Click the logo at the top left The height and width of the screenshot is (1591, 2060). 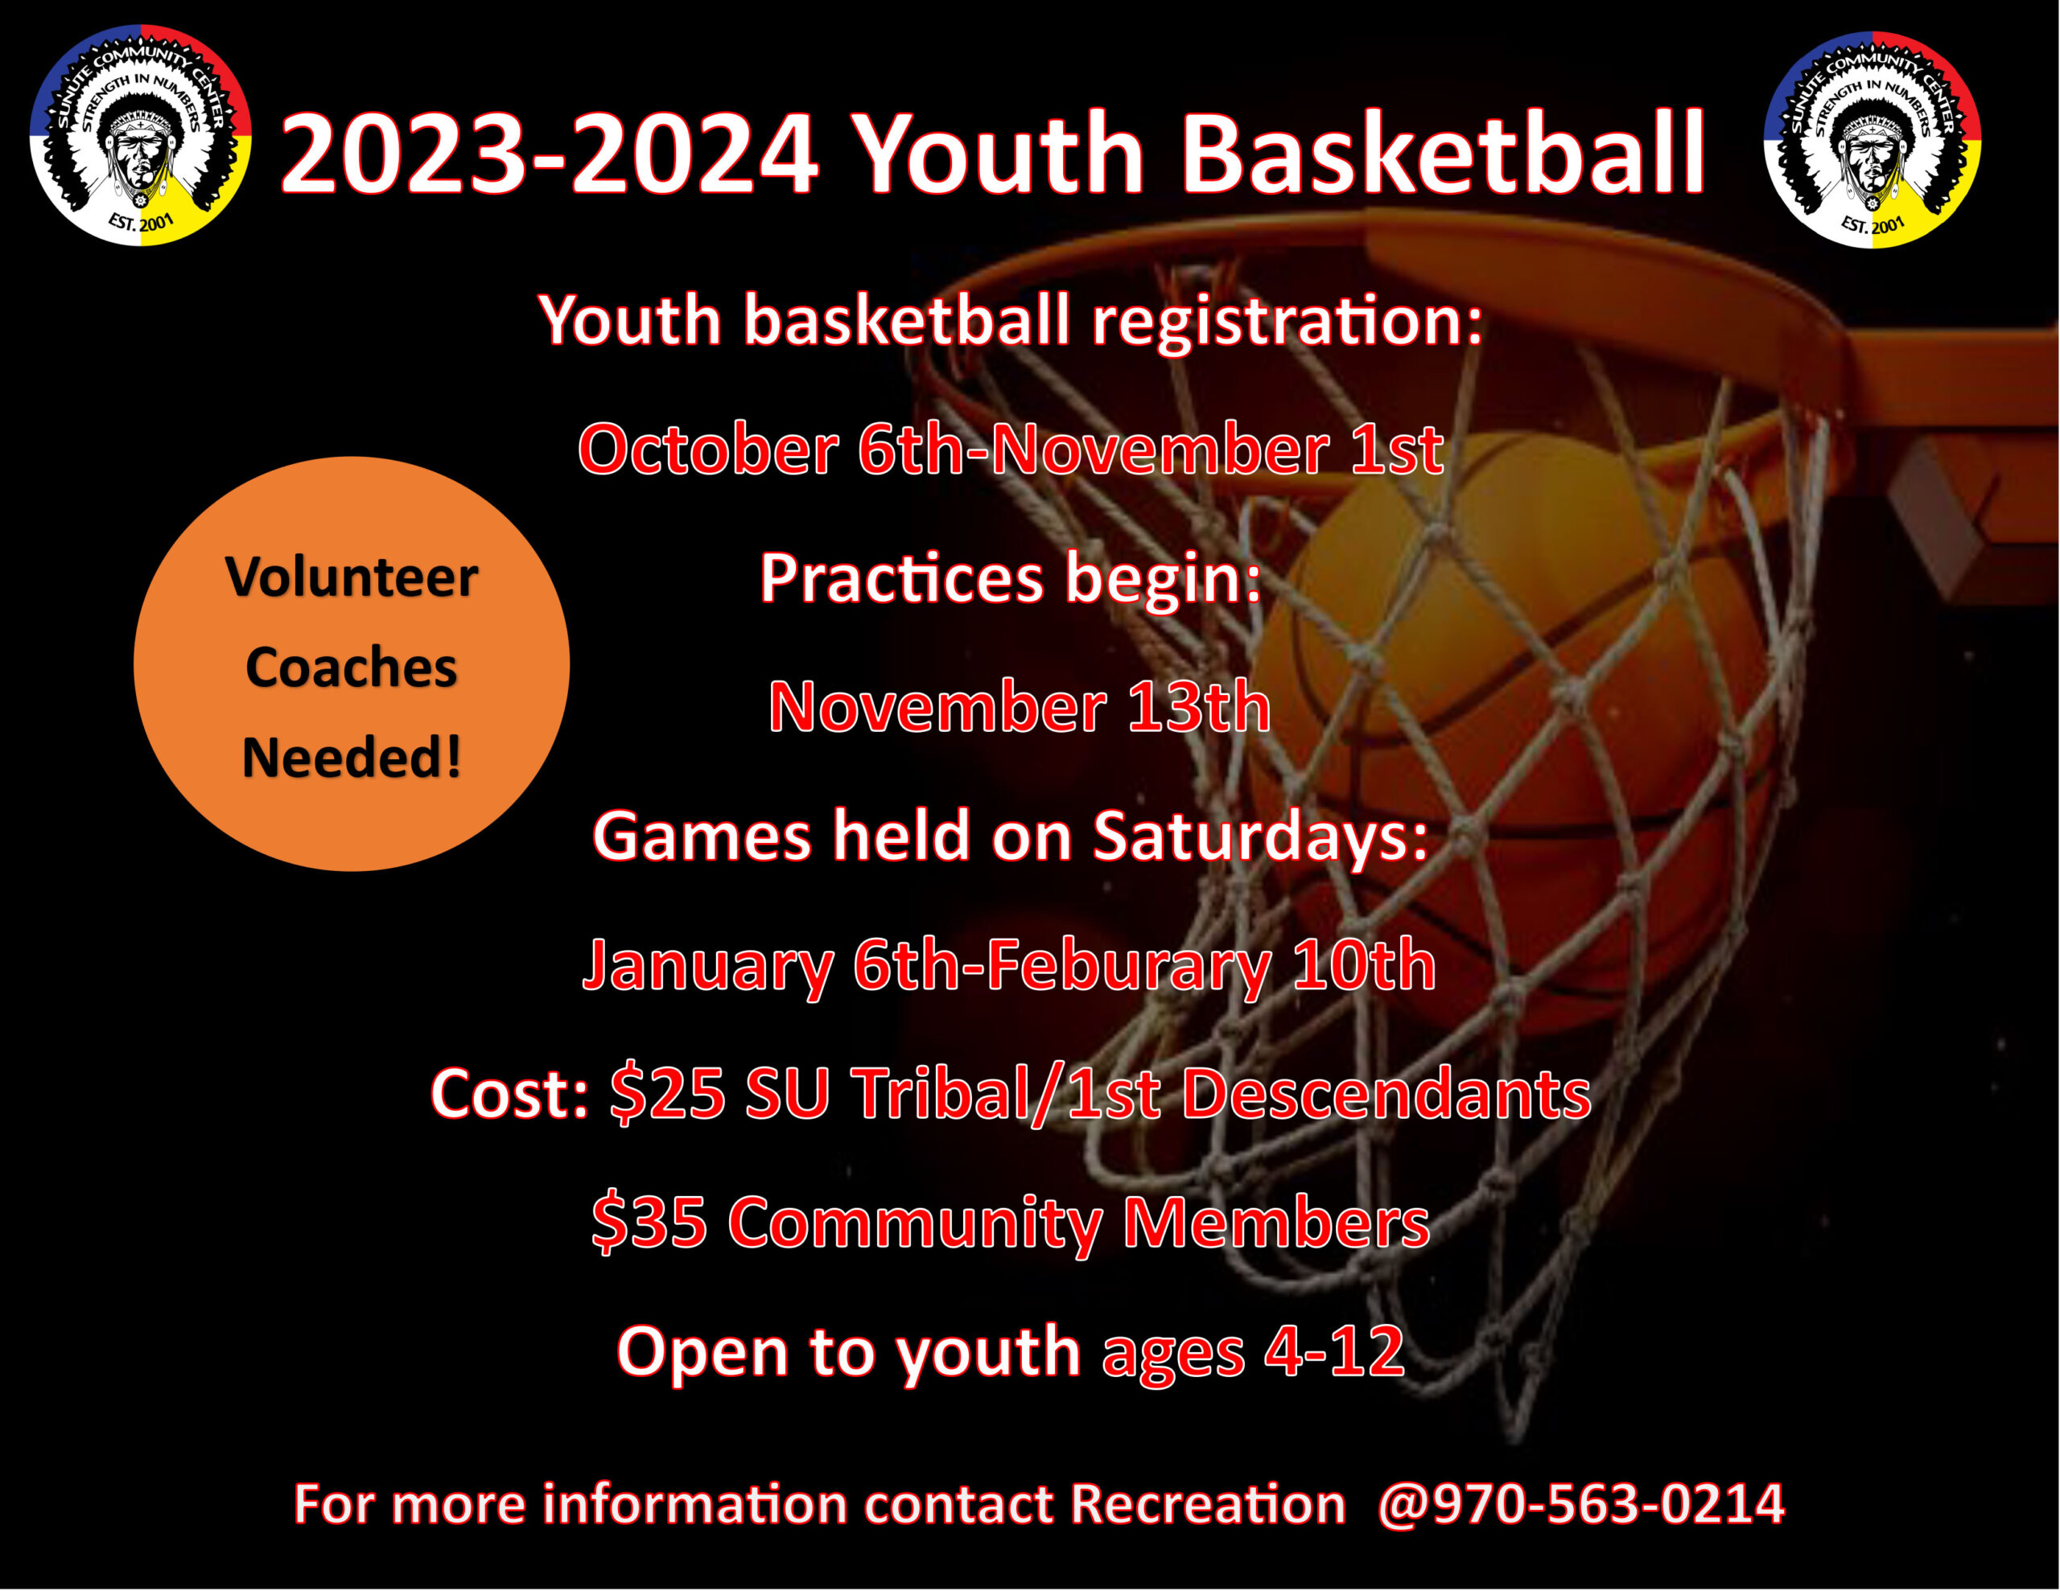141,136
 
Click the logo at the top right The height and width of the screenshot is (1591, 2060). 1873,140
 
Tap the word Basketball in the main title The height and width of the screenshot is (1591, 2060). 1442,154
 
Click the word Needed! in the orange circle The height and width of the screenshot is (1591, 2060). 351,758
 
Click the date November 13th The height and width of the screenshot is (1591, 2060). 1019,706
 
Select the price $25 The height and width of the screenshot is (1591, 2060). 668,1093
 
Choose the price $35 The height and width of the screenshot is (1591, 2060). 649,1223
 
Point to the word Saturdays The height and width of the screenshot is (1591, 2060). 1259,836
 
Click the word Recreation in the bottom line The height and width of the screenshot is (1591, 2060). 1207,1503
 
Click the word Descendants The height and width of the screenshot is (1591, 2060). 1386,1093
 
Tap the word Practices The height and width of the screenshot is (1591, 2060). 900,578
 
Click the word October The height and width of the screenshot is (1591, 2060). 707,449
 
